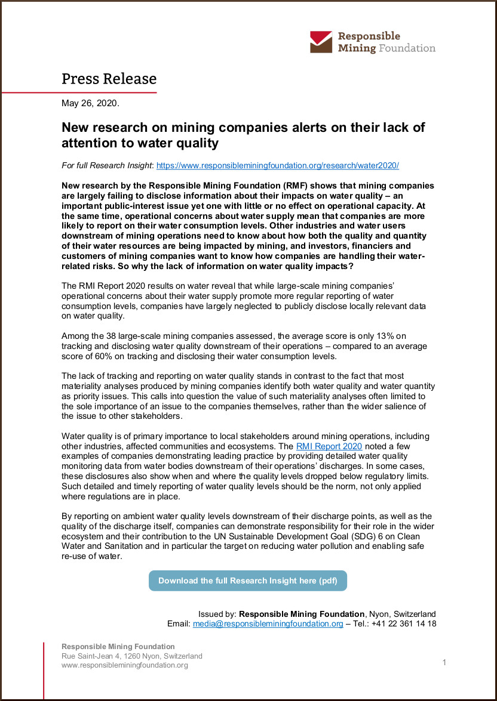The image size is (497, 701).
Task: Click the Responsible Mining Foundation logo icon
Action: pos(321,42)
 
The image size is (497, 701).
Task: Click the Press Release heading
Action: pos(109,79)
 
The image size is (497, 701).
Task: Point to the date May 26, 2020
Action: pos(90,103)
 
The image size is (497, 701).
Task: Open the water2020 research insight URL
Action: pos(277,165)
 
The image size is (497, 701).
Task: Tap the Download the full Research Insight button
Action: pos(247,580)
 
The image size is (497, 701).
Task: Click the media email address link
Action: pos(268,623)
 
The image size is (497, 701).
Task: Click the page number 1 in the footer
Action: pos(444,662)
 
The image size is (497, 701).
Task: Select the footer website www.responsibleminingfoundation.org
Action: pos(125,665)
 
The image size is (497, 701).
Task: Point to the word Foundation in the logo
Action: pos(407,48)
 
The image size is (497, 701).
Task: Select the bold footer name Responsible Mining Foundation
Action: pos(118,646)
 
